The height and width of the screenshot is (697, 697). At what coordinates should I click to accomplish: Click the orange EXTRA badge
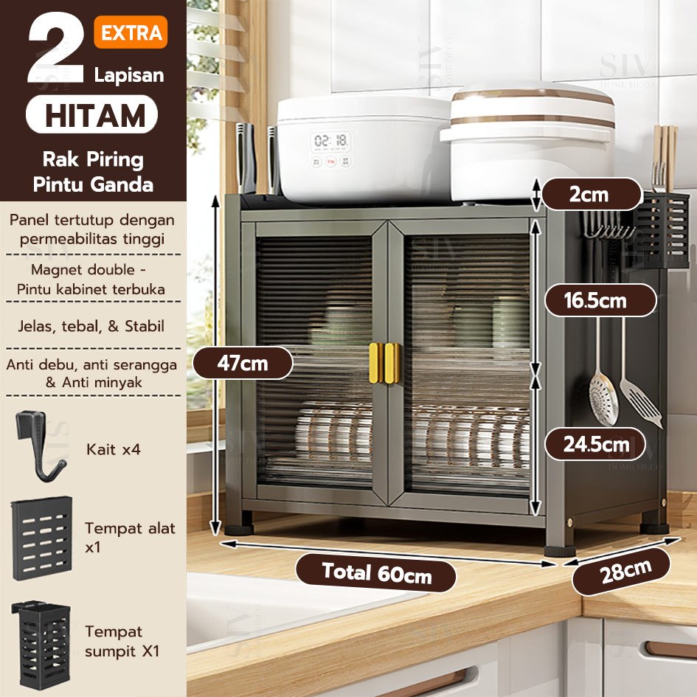coord(131,32)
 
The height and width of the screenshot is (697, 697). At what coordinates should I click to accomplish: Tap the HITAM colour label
coord(92,114)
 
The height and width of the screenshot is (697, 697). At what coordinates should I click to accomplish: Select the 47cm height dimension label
coord(243,363)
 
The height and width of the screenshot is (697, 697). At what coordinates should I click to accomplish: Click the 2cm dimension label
coord(591,194)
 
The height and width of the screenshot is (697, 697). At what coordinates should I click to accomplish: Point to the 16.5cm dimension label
coord(600,300)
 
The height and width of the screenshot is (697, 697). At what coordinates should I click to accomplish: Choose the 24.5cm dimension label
coord(595,444)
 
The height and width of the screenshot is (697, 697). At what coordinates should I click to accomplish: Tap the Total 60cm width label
coord(376,573)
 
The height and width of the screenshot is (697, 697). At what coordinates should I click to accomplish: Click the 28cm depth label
coord(621,572)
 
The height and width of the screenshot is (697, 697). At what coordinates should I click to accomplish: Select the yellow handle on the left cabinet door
coord(376,363)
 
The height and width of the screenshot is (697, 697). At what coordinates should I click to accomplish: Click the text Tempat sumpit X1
coord(122,641)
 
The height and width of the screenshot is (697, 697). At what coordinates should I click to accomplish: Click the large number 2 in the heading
coord(56,47)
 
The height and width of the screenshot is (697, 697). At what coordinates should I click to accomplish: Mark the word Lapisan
coord(129,74)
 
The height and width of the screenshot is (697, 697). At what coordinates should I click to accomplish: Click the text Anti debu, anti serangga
coord(91,364)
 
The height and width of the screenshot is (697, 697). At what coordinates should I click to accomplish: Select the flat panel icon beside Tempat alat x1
coord(42,538)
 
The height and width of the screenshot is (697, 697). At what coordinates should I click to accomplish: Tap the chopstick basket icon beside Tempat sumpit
coord(41,645)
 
